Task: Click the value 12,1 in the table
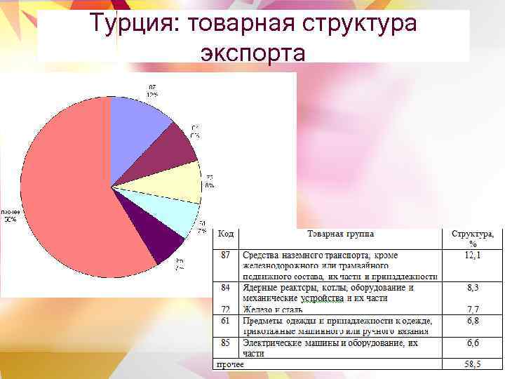473,255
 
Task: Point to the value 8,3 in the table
473,287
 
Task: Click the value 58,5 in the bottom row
473,364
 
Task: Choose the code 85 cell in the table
225,343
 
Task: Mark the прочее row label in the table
230,364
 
